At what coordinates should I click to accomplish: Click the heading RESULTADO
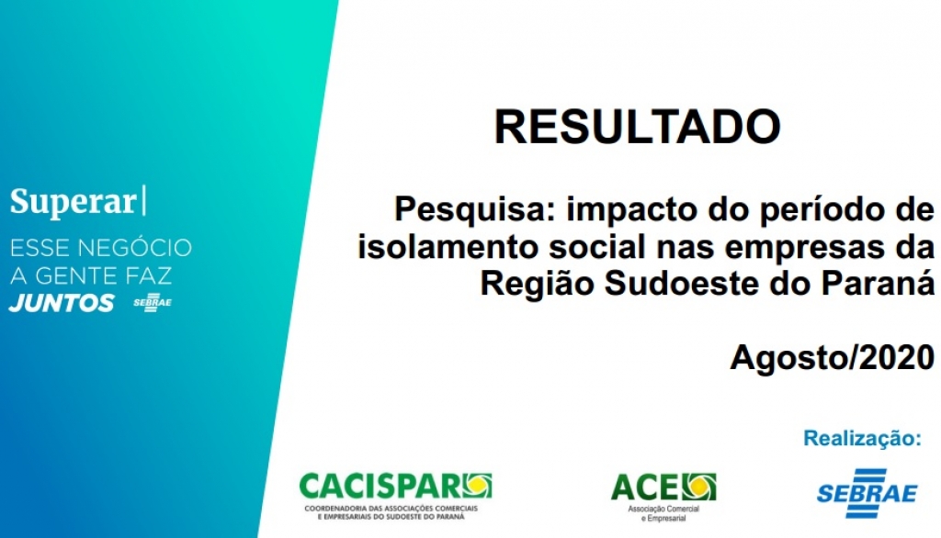point(637,127)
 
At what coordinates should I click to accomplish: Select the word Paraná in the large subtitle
point(883,284)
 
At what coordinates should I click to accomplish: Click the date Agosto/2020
point(832,357)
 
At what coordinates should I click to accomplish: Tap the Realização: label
point(861,438)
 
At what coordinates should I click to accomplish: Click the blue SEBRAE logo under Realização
point(867,492)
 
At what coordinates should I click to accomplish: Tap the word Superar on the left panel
point(73,202)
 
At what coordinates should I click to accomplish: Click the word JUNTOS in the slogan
point(62,303)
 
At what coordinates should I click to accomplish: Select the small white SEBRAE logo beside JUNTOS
point(152,303)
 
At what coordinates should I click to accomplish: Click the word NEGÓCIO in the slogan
point(144,248)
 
